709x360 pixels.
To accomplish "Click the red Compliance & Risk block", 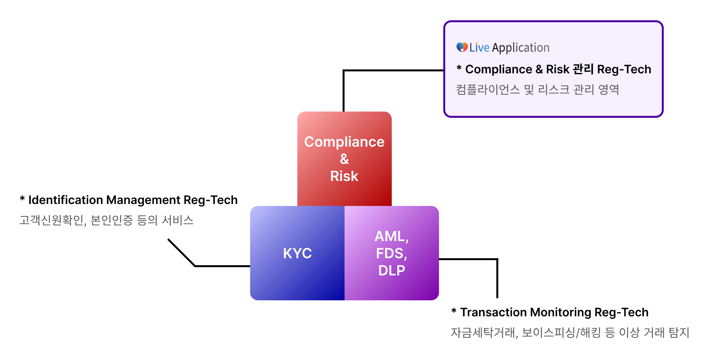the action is [344, 159].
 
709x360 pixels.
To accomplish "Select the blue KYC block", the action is [297, 253].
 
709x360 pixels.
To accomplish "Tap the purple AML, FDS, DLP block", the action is [392, 253].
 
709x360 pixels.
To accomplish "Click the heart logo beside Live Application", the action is [462, 47].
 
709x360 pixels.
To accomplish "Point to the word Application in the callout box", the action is [521, 48].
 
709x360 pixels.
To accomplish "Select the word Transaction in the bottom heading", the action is [494, 312].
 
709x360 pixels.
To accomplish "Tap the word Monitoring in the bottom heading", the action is [561, 312].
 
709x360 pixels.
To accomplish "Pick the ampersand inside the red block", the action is [344, 159].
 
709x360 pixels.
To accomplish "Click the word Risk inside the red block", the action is [344, 176].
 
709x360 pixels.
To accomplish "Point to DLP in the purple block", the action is [392, 270].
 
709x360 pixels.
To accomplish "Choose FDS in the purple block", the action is [391, 254].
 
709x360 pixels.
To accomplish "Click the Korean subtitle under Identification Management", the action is [107, 220].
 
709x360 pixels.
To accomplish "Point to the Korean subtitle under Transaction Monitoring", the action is [570, 332].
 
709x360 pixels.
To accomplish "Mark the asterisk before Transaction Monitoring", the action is [454, 310].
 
